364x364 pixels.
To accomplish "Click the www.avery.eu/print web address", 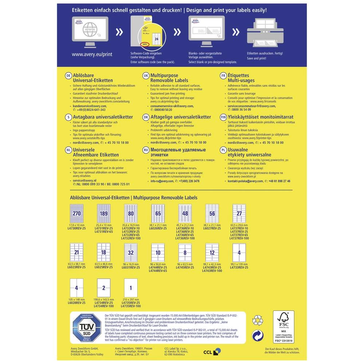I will [92, 54].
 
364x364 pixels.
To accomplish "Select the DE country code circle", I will [68, 75].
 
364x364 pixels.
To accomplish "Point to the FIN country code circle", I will [223, 117].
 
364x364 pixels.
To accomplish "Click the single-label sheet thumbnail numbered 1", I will [131, 288].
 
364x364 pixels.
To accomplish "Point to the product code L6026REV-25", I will [158, 228].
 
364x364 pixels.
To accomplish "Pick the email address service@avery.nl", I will [84, 181].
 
